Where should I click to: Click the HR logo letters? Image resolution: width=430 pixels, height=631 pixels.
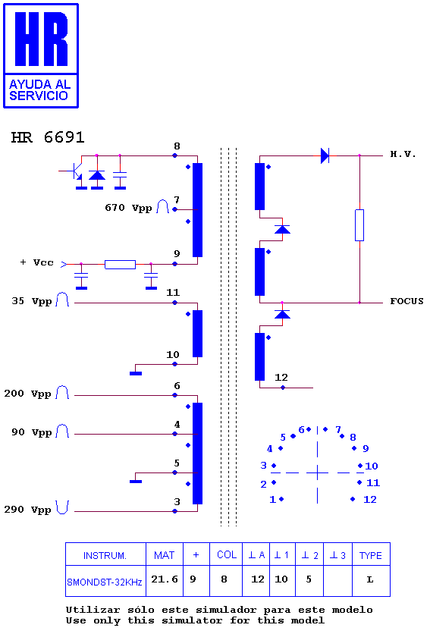tap(42, 39)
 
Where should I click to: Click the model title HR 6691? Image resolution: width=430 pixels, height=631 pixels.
tap(48, 137)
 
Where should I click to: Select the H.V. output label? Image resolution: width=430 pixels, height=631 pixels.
tap(403, 154)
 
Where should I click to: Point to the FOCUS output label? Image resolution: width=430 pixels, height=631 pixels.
tap(406, 301)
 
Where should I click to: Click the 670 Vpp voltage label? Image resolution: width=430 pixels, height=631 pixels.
tap(128, 208)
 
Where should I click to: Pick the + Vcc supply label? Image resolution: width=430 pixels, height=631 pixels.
tap(36, 262)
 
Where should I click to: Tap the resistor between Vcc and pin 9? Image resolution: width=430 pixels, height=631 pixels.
tap(120, 265)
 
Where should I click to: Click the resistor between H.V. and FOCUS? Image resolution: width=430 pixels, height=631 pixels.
tap(359, 225)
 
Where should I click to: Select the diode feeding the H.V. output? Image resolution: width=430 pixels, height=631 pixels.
tap(325, 155)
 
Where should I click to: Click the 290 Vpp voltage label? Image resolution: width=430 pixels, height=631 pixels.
tap(27, 510)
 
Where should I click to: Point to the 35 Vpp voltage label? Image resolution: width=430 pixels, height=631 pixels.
tap(32, 301)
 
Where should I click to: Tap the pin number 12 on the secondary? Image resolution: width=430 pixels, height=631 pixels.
tap(281, 378)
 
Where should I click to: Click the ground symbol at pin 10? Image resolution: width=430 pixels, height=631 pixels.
tap(136, 373)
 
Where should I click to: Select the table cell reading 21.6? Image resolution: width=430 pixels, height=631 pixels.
tap(165, 579)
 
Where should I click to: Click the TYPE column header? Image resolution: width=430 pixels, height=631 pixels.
tap(371, 555)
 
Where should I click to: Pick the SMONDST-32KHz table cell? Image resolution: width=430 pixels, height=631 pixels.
tap(105, 582)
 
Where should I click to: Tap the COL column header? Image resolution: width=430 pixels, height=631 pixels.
tap(227, 554)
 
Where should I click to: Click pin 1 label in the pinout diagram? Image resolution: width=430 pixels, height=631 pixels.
tap(272, 499)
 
